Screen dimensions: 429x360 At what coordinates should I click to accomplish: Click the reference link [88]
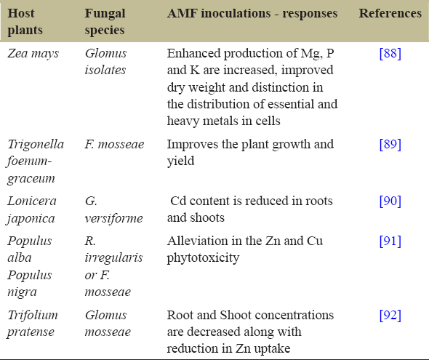(x=390, y=53)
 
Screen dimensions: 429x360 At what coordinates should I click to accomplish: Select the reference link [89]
(x=390, y=144)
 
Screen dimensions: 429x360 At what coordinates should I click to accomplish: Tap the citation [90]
(x=390, y=201)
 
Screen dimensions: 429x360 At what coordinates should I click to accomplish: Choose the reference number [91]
(x=390, y=241)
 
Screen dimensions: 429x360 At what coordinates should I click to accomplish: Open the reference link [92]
(x=390, y=315)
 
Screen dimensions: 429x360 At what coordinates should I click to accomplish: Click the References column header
(x=390, y=13)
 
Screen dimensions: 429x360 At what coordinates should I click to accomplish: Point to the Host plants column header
(x=25, y=22)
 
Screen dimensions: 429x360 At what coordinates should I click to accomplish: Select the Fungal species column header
(x=105, y=22)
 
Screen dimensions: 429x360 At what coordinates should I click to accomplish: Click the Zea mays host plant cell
(x=33, y=53)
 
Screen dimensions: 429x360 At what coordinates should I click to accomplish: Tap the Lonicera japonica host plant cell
(x=31, y=209)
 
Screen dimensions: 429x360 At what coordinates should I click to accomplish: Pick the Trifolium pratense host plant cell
(x=32, y=324)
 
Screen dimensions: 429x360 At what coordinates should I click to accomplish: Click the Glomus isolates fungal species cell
(x=105, y=62)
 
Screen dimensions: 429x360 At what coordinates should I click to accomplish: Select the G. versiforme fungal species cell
(x=113, y=209)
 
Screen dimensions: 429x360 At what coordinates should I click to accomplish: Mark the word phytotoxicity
(x=203, y=258)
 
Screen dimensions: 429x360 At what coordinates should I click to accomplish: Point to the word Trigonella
(x=36, y=144)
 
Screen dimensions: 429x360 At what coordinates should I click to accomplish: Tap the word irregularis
(x=113, y=258)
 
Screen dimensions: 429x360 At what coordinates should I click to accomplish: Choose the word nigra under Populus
(x=22, y=292)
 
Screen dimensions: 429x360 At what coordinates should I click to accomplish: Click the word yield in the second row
(x=180, y=161)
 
